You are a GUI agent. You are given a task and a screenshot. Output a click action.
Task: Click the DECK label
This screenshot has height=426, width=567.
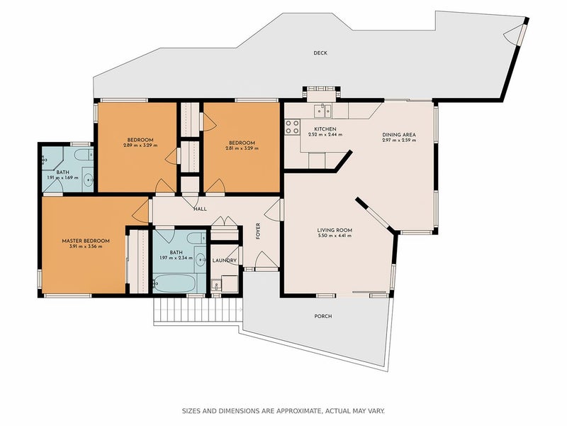pos(320,53)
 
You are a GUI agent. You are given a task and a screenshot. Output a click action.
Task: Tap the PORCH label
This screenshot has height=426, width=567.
pos(323,316)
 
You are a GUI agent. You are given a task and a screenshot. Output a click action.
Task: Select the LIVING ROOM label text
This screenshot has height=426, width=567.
pos(335,230)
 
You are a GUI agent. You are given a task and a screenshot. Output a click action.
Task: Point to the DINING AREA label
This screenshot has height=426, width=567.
pos(399,135)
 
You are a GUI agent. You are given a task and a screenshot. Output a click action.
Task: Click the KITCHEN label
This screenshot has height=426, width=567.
pos(325,129)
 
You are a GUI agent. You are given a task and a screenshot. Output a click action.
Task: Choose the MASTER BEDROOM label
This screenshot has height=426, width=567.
pos(86,241)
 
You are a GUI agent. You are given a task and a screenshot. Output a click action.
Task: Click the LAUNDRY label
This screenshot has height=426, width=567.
pos(224,261)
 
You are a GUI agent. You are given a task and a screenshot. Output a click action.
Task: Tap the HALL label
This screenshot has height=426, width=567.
pos(200,209)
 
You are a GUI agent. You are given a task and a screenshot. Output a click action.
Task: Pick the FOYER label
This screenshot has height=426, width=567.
pos(258,231)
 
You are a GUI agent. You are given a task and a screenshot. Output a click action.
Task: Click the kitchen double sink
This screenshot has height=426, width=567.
pos(322,111)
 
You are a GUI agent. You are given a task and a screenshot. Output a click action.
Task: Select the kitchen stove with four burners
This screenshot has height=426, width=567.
pos(292,127)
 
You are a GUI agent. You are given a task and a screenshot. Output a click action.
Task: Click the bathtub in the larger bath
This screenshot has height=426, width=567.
pos(174,283)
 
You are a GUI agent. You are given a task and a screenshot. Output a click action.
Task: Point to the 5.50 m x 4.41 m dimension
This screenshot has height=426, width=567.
pos(335,236)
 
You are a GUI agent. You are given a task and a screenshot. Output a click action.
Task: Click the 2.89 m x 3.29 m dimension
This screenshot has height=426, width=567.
pos(140,146)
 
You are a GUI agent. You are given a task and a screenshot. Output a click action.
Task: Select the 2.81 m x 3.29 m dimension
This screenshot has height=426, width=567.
pos(242,148)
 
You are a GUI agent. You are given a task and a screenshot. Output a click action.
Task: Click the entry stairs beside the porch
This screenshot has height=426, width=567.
pos(198,311)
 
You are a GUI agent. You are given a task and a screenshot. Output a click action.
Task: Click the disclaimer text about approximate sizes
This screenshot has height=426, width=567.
pos(283,411)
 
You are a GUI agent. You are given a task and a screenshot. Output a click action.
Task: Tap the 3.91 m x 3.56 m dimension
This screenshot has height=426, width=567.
pos(86,246)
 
